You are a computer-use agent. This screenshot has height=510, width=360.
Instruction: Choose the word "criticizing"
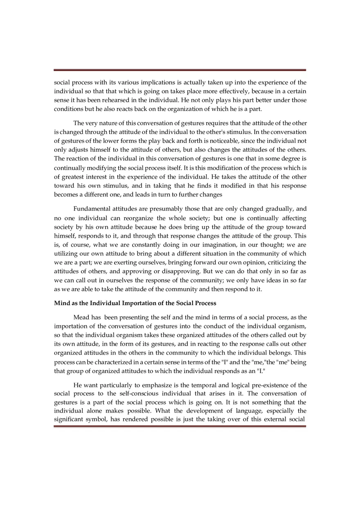tap(291, 262)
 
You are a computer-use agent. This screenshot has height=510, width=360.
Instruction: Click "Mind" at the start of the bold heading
tap(61, 303)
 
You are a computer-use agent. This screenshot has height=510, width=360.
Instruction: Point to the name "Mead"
tap(81, 317)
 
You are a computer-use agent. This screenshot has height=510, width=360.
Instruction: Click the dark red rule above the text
tap(180, 70)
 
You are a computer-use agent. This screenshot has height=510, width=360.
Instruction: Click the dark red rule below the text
tap(180, 427)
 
